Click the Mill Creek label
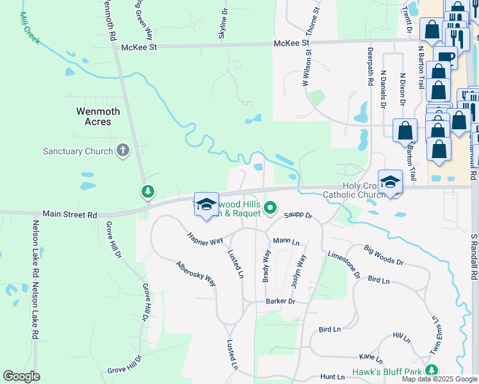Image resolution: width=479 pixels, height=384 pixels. pos(29,28)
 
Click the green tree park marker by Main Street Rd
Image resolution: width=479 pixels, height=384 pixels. pos(148,191)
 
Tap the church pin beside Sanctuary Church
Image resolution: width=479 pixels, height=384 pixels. pos(122,151)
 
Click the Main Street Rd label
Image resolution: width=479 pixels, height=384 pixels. pos(70,214)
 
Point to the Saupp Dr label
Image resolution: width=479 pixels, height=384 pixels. pos(298,216)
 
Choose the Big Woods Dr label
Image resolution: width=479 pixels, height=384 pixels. pos(384,254)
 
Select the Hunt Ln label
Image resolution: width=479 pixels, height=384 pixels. pos(333,377)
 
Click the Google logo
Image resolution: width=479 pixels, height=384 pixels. pos(21,376)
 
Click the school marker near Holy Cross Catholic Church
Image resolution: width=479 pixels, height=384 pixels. pos(390,182)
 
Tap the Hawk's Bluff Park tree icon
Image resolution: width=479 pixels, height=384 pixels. pos(432,370)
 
